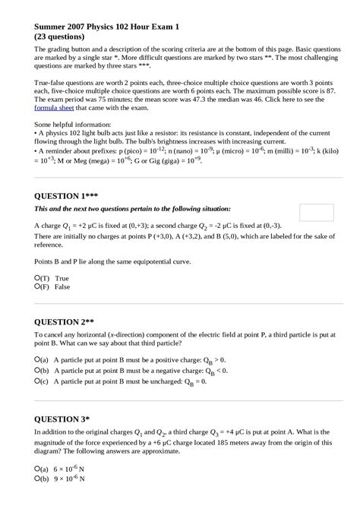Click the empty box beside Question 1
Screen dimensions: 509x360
[317, 213]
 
